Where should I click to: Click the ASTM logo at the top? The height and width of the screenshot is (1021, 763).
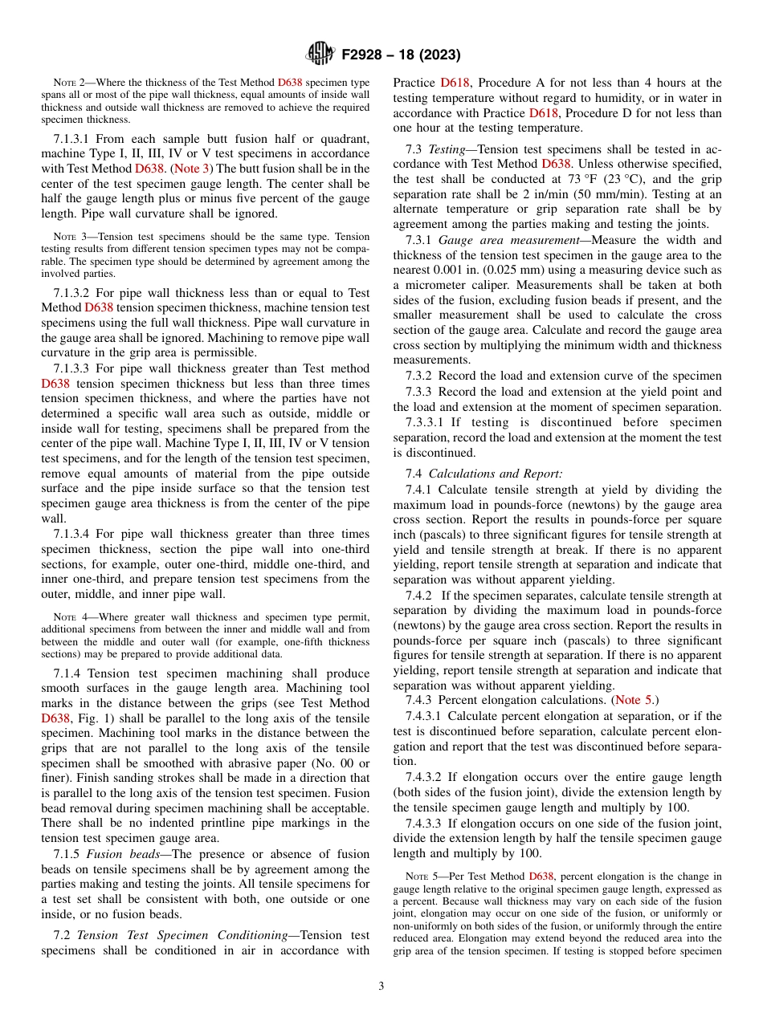(320, 54)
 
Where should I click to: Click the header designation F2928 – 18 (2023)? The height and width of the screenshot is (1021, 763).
(401, 55)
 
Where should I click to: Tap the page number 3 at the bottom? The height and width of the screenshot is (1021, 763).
(381, 986)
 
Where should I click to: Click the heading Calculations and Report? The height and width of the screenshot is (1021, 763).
(497, 474)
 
